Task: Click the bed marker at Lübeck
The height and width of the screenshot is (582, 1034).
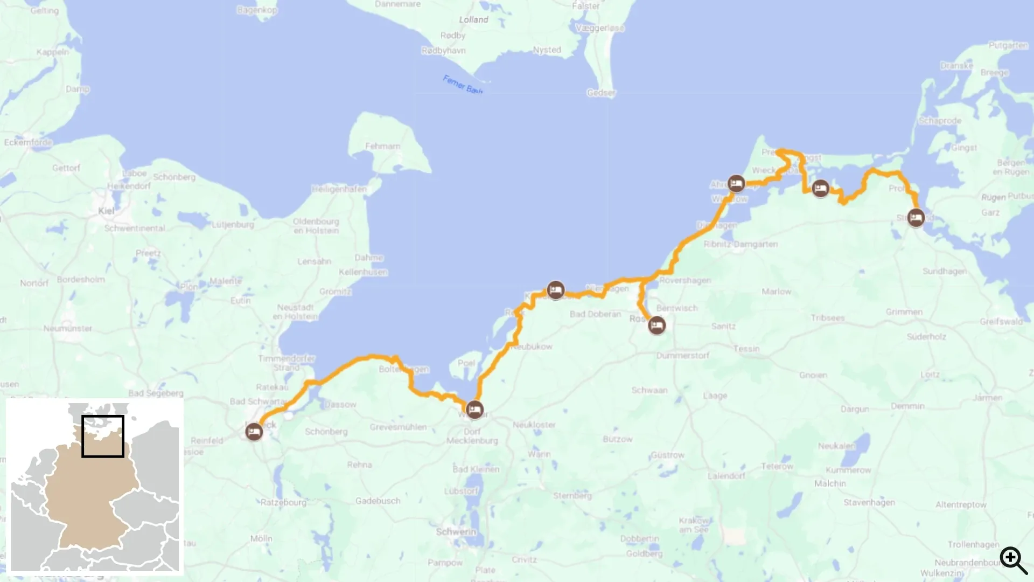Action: click(254, 432)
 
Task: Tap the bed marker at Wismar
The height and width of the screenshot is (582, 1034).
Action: click(474, 410)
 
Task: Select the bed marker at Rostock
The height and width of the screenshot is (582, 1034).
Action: click(656, 325)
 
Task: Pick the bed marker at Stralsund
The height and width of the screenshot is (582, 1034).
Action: click(916, 218)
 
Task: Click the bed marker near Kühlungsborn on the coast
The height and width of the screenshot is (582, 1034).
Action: click(556, 290)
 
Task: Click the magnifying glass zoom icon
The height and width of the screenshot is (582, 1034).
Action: click(1014, 560)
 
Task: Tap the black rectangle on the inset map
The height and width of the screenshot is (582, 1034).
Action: click(103, 436)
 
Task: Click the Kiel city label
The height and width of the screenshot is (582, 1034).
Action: click(106, 211)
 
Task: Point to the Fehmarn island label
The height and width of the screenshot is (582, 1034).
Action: click(382, 146)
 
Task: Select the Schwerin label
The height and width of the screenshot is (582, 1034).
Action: click(456, 532)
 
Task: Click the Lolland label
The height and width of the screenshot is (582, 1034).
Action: click(473, 19)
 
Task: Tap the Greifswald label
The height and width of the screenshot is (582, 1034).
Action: click(1001, 322)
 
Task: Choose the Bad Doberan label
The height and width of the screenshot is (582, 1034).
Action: click(595, 314)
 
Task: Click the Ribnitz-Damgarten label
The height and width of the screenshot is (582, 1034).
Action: click(740, 244)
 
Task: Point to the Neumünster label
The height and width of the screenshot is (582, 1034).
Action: click(68, 328)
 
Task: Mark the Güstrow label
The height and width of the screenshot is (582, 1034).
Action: click(667, 455)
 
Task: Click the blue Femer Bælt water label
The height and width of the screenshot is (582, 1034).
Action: click(463, 85)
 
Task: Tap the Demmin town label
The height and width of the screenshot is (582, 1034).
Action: click(907, 406)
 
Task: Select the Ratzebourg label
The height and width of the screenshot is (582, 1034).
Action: click(283, 502)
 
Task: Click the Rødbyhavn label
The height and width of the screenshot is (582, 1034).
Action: click(444, 51)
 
